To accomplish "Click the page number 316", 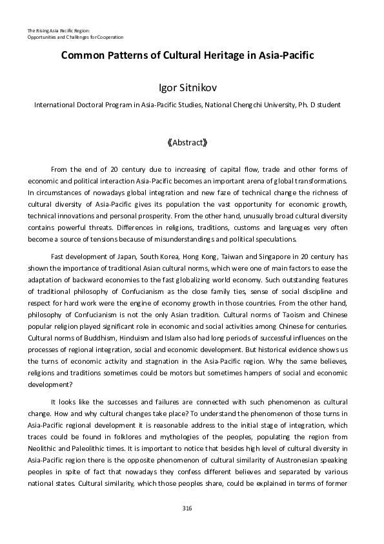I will pos(187,509).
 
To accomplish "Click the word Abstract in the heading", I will pos(187,141).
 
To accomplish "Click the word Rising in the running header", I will pos(45,30).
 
